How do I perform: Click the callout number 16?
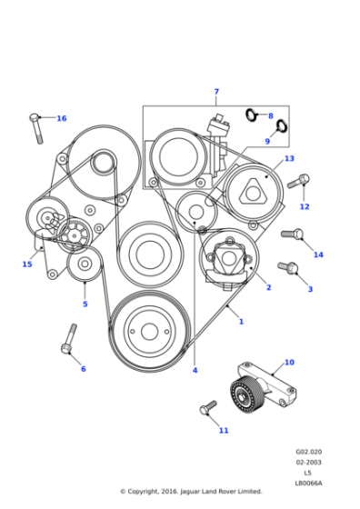[x=61, y=119]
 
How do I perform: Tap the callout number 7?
[x=216, y=92]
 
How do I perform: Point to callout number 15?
[x=27, y=264]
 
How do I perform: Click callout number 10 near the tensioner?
[x=289, y=363]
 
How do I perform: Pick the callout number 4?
[x=195, y=370]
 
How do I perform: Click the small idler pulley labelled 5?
[x=85, y=264]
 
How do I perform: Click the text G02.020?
[x=308, y=452]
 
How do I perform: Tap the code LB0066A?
[x=308, y=483]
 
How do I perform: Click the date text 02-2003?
[x=308, y=463]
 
